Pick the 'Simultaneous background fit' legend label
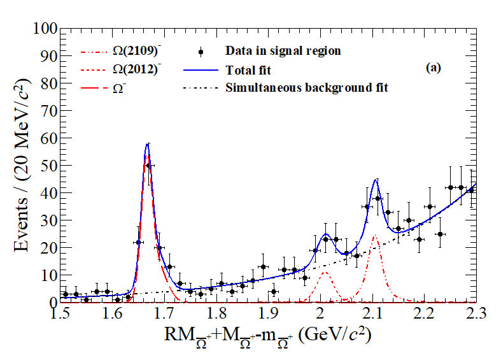point(307,87)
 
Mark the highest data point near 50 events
point(149,166)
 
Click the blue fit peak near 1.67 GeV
point(148,145)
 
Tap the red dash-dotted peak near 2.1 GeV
point(375,236)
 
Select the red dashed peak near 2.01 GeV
point(325,273)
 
